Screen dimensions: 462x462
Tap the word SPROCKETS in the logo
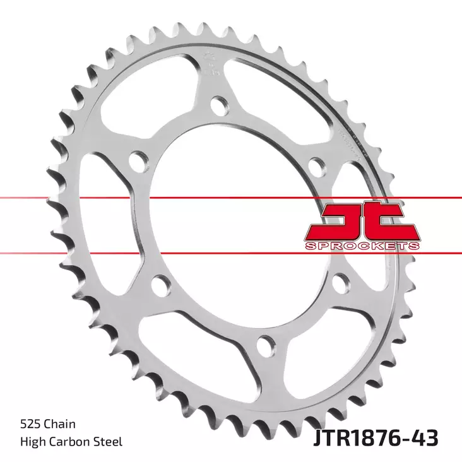click(361, 245)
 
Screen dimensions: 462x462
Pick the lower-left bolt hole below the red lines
click(162, 287)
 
